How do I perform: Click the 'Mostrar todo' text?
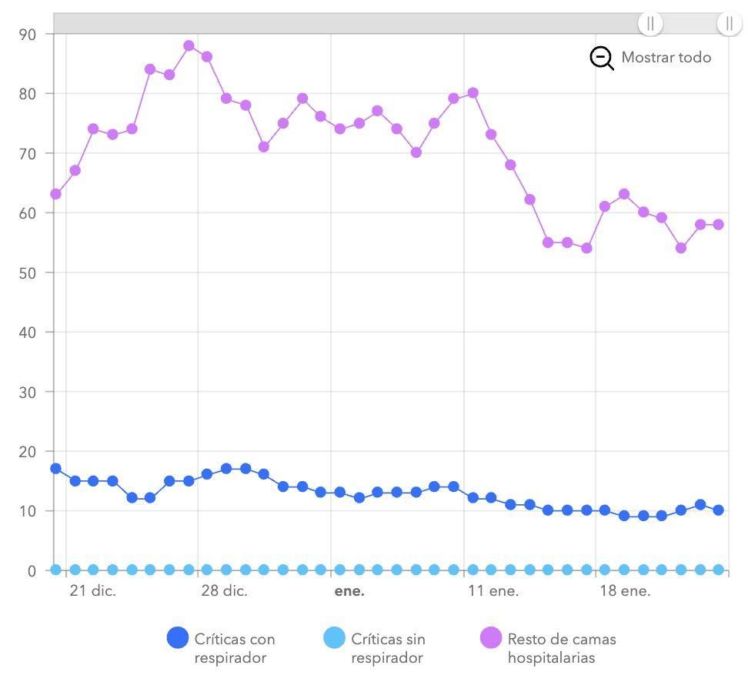pos(666,58)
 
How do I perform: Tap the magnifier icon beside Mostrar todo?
pos(602,58)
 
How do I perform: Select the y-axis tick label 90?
pos(28,34)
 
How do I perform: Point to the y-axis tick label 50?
pos(28,272)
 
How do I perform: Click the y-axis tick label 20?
pos(28,451)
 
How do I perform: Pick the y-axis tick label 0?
pos(32,570)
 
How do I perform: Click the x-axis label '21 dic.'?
pos(92,591)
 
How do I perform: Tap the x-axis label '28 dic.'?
pos(224,591)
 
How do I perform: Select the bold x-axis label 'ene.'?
pos(349,591)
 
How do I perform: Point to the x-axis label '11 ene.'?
pos(493,591)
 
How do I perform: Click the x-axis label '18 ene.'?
pos(625,591)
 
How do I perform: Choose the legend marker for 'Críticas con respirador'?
pos(178,638)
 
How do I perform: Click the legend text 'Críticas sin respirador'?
pos(388,648)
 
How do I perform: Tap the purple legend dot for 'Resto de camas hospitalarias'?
pos(491,638)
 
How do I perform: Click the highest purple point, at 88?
pos(189,46)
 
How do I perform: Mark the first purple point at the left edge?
pos(55,194)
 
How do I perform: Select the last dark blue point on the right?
pos(718,510)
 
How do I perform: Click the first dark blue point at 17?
pos(55,469)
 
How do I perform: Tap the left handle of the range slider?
pos(650,23)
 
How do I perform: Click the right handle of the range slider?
pos(729,23)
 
